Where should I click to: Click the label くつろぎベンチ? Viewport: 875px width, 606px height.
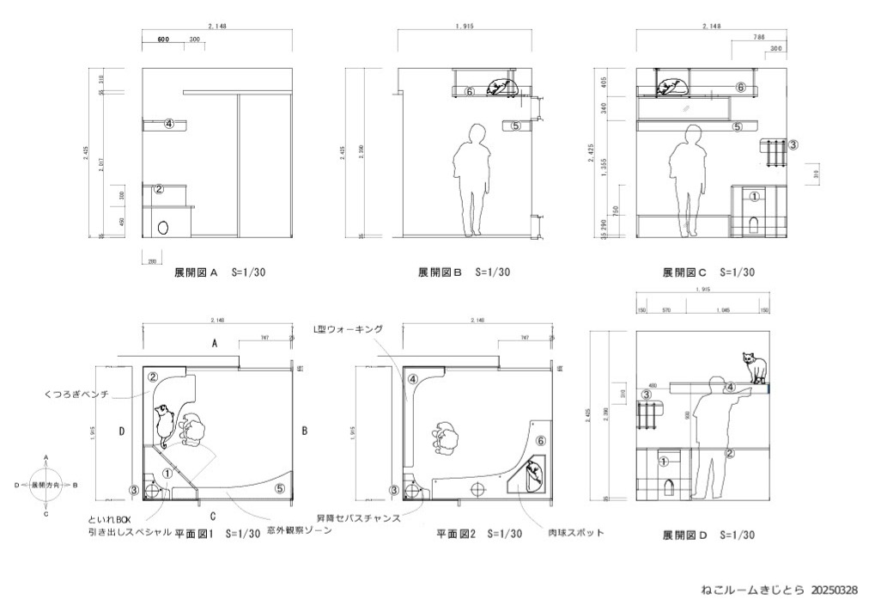[x=76, y=395]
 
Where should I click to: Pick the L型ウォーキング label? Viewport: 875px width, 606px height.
[x=348, y=328]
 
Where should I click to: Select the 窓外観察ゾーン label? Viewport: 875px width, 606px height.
[x=298, y=531]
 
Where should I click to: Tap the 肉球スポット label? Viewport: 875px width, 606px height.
[x=576, y=533]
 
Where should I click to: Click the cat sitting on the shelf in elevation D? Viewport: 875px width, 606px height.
[x=753, y=367]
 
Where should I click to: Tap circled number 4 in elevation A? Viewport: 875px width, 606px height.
[x=169, y=124]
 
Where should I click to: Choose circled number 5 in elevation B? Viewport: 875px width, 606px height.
[x=515, y=125]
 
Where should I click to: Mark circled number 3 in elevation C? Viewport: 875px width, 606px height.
[x=793, y=145]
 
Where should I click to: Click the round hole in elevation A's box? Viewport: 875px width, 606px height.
[x=163, y=228]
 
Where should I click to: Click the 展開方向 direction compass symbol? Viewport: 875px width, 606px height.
[x=46, y=486]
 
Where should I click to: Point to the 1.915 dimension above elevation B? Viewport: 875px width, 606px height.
[x=467, y=27]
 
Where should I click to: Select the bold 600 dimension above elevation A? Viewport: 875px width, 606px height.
[x=163, y=40]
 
